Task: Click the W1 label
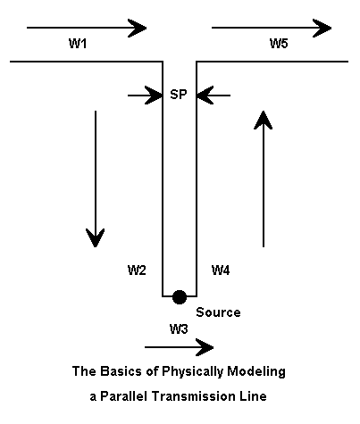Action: click(78, 44)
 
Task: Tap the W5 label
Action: click(279, 44)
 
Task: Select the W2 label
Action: click(137, 270)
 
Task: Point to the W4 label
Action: click(221, 270)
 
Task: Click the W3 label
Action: click(179, 329)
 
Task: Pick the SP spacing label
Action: click(179, 95)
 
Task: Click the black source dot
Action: click(180, 297)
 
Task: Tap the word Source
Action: click(218, 312)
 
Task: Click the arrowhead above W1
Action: click(137, 29)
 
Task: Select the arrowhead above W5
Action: click(322, 29)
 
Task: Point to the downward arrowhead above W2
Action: click(96, 237)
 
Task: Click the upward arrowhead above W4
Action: click(264, 120)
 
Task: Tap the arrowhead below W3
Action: click(205, 347)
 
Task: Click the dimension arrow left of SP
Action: click(145, 96)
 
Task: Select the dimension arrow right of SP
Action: click(213, 96)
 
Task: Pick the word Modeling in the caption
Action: click(256, 372)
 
